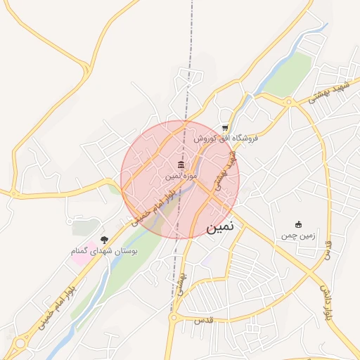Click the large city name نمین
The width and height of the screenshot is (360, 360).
pos(224,229)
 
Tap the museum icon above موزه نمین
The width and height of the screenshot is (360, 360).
pos(181,165)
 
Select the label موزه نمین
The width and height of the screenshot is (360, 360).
pos(180,176)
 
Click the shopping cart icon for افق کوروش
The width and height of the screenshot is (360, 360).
pos(224,128)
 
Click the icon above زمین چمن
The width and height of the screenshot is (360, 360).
pos(298,224)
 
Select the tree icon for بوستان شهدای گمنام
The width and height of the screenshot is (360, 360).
pos(105,240)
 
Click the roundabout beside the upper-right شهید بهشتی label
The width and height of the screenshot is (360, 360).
pos(288,102)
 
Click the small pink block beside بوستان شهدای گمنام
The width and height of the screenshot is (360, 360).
pos(82,250)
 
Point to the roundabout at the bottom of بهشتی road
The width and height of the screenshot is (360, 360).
pos(174,318)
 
